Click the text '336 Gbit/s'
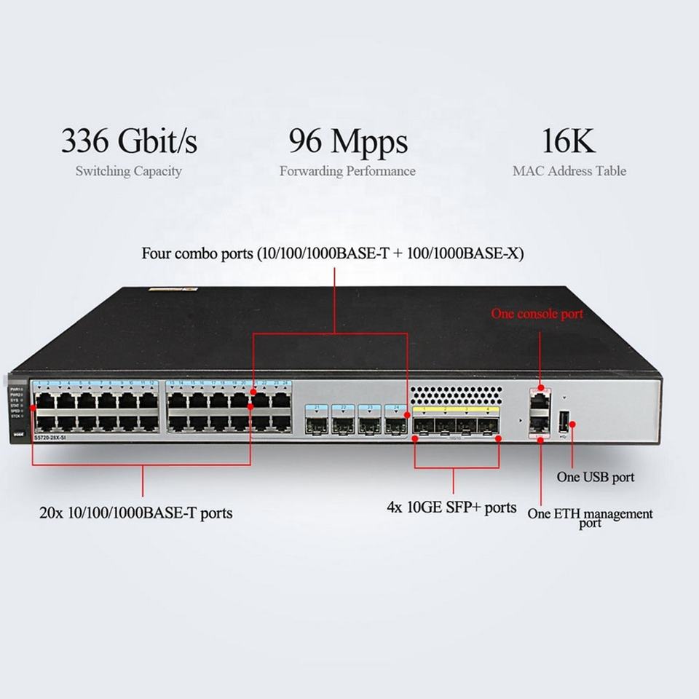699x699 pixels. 129,141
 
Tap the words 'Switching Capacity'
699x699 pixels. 128,172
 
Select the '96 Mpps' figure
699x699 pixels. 348,141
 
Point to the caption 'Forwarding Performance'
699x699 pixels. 347,172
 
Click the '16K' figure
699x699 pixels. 569,141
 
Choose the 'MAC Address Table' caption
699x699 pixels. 569,172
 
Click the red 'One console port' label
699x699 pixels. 537,315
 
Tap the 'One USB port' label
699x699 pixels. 595,478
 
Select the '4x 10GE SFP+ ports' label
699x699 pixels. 451,508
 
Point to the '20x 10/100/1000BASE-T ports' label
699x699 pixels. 136,513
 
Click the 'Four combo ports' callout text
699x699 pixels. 332,254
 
